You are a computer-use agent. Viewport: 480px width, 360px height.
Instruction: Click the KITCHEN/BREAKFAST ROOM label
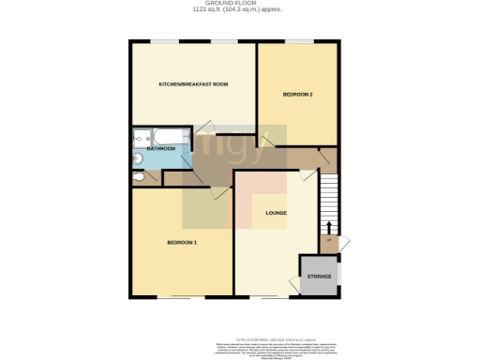click(194, 85)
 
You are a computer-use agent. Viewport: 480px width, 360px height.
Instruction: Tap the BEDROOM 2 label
click(297, 96)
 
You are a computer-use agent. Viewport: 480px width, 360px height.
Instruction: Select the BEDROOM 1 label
click(182, 243)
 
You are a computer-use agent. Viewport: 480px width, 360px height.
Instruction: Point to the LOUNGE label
click(276, 213)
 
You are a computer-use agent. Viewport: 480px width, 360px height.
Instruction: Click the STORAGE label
click(318, 277)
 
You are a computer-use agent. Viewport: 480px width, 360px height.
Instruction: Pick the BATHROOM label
click(161, 148)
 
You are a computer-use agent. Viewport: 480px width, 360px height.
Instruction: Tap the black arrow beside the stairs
click(329, 228)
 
